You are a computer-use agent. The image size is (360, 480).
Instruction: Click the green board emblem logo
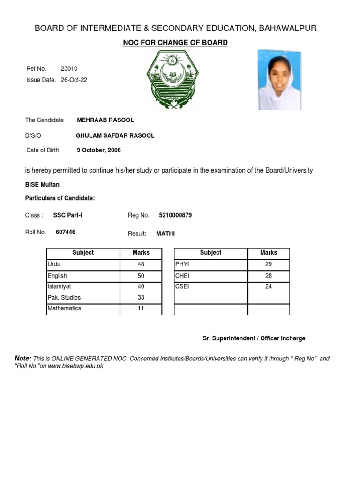(173, 80)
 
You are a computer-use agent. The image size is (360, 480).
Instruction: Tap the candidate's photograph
(280, 80)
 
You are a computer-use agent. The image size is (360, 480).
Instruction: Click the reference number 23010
(69, 69)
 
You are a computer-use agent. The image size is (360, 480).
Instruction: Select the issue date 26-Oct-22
(74, 80)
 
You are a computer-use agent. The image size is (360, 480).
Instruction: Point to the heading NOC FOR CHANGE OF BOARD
(175, 43)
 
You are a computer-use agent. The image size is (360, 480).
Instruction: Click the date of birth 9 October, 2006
(99, 150)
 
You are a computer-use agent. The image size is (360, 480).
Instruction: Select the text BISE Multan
(42, 185)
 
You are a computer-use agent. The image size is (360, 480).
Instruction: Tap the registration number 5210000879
(175, 215)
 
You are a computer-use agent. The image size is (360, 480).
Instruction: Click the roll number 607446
(66, 232)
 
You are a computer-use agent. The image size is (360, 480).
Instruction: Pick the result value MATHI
(165, 233)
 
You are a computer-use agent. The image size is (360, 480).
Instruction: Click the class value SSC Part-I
(68, 215)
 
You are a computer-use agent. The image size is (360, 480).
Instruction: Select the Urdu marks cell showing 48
(141, 264)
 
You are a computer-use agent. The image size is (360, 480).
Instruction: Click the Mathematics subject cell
(83, 308)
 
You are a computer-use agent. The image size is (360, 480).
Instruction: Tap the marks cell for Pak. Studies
(141, 298)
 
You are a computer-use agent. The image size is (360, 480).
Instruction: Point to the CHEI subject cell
(210, 276)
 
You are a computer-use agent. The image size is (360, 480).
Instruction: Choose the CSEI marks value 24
(269, 286)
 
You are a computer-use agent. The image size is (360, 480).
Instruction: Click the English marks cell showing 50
(141, 276)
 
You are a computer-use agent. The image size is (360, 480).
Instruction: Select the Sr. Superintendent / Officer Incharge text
(254, 338)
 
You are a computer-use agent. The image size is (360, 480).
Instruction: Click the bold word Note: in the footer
(23, 358)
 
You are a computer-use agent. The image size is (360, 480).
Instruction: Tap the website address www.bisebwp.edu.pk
(75, 366)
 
